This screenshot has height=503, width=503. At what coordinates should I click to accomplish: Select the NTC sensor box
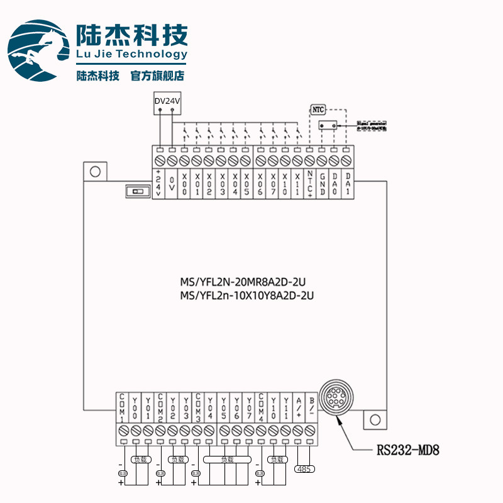coord(318,109)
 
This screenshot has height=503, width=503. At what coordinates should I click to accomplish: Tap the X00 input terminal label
coord(184,184)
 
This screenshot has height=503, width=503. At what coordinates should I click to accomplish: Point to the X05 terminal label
coord(246,184)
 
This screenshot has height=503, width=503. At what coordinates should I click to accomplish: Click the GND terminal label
coord(322,184)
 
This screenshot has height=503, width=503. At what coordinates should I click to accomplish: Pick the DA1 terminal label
coord(346,184)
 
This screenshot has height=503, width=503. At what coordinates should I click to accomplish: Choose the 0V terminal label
coord(172,184)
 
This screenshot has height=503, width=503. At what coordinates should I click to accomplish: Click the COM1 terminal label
coord(123,407)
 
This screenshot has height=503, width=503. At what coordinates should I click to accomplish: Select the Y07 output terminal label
coord(249,407)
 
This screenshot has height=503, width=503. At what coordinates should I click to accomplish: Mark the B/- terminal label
coord(311,407)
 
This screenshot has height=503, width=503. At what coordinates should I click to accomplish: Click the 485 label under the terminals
coord(304,468)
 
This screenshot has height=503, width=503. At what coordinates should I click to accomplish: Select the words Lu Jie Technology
coord(131,54)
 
